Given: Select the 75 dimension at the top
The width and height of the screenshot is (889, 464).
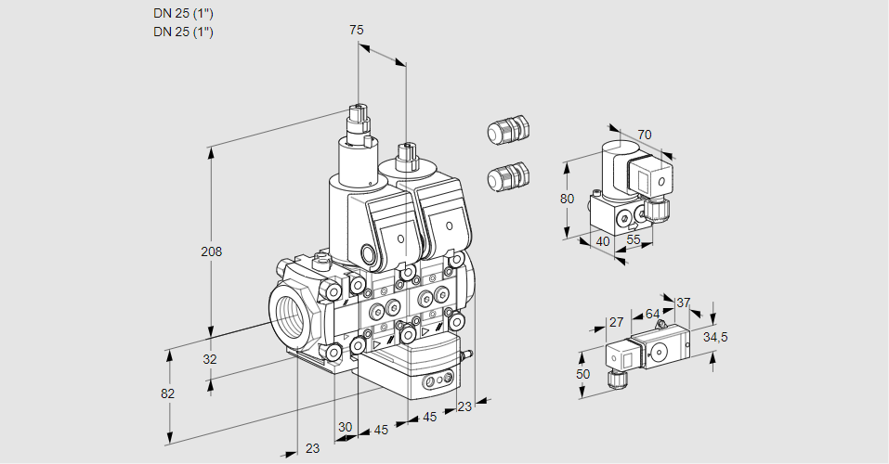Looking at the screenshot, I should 357,31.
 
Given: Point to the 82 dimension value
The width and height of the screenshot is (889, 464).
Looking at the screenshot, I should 167,393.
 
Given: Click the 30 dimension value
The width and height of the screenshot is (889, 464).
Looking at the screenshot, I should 346,427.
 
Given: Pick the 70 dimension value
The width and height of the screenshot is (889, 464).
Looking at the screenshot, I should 645,135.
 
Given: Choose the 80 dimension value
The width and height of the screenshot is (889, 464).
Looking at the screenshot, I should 569,199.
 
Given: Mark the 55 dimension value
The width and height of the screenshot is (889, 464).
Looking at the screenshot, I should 634,240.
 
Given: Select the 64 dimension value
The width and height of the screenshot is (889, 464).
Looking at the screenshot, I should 652,315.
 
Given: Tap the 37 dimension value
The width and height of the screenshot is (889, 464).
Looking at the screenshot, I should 683,303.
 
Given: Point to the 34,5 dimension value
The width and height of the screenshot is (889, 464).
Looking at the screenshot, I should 714,337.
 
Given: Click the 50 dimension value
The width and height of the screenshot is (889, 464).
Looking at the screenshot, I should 582,374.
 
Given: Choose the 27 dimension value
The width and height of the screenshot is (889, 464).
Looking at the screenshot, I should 615,322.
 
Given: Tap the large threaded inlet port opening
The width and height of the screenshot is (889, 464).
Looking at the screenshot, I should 292,312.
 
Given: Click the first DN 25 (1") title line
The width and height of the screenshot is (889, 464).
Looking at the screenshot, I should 184,13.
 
